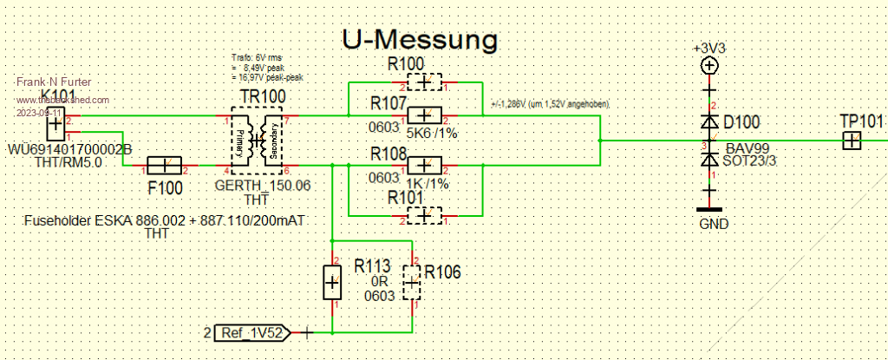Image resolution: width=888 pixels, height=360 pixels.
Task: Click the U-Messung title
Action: pos(420,39)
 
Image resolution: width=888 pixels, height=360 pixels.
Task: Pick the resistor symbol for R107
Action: pos(425,115)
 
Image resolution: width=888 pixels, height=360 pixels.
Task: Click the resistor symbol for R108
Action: pos(425,165)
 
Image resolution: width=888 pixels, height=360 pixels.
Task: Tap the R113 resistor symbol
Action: pos(332,283)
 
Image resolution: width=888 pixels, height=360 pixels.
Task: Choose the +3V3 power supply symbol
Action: pos(709,65)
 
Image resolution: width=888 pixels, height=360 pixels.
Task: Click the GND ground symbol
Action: pos(710,209)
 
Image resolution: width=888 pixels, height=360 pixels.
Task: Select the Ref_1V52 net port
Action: pos(251,331)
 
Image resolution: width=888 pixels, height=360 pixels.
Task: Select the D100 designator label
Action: pos(745,121)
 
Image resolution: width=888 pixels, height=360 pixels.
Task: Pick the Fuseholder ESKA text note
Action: pos(166,222)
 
